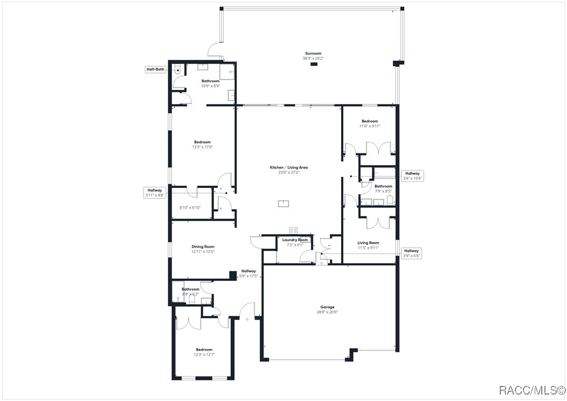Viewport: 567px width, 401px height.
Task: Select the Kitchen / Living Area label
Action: coord(289,167)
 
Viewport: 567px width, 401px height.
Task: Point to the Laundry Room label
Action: coord(295,240)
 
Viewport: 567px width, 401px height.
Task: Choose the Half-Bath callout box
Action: coord(155,69)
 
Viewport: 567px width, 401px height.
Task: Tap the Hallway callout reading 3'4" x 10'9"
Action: coord(413,175)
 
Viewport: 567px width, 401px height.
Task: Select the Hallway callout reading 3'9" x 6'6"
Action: coord(412,253)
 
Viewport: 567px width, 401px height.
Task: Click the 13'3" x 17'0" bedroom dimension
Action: coord(202,147)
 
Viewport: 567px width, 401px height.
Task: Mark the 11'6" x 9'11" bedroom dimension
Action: coord(369,126)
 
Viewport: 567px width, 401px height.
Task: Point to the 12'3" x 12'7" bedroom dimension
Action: coord(204,354)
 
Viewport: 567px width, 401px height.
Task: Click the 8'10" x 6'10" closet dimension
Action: coord(189,207)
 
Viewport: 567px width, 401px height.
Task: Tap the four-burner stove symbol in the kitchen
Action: coord(294,230)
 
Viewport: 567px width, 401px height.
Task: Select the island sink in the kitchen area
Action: coord(283,203)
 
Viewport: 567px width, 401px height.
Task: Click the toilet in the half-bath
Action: coord(178,69)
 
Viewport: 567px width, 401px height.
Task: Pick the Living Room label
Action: coord(368,243)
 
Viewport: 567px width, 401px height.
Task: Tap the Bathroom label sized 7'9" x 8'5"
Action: coord(383,186)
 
